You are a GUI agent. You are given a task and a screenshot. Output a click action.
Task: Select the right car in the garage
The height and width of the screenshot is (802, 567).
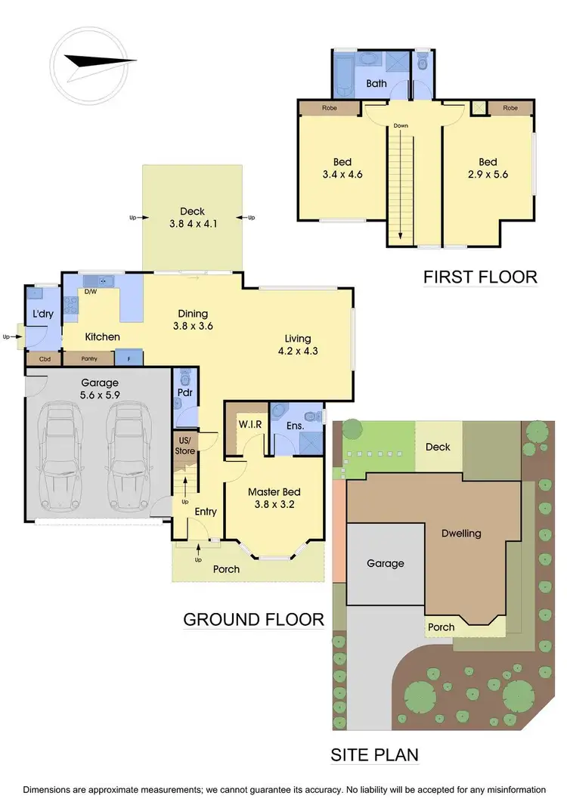click(x=129, y=457)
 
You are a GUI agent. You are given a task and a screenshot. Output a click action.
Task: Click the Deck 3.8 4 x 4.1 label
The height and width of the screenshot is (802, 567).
click(x=192, y=218)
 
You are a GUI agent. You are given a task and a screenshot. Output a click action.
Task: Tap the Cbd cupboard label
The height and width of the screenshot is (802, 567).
click(x=45, y=359)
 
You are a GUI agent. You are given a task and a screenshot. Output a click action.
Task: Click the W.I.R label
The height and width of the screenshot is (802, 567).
click(x=250, y=424)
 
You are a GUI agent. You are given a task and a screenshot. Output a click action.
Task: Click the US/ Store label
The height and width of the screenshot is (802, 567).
click(x=185, y=446)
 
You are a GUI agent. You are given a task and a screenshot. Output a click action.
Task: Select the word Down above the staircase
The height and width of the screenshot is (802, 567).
click(x=401, y=126)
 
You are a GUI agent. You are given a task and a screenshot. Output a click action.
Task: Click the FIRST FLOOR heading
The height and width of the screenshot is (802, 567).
click(x=480, y=277)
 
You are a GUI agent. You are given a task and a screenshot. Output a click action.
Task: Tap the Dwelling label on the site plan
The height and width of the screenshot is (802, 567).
click(x=461, y=533)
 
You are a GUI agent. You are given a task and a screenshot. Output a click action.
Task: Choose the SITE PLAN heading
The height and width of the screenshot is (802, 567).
click(x=375, y=754)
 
